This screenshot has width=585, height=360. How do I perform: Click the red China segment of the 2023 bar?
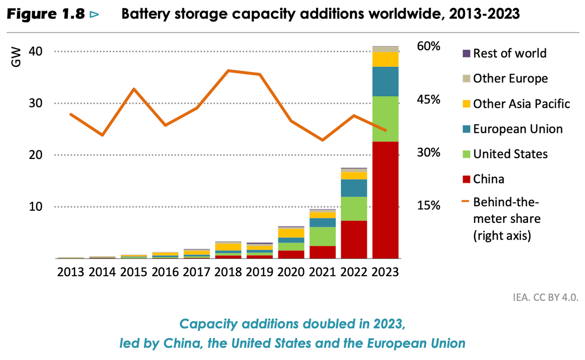(385, 200)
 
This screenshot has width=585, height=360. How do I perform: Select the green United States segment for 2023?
(385, 119)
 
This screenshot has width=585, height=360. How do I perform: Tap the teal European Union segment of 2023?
(385, 81)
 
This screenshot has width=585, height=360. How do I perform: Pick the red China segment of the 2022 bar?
(354, 240)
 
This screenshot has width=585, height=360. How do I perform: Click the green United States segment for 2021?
(323, 237)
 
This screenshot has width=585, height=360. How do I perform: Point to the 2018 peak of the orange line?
(228, 71)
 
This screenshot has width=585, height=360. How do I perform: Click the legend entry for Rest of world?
(509, 53)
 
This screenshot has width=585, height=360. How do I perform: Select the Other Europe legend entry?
(510, 79)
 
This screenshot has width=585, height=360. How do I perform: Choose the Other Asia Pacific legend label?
(521, 104)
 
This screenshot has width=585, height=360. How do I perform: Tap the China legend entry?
(488, 179)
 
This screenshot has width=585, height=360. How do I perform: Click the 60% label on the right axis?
(429, 47)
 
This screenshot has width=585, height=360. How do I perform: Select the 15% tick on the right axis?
(429, 205)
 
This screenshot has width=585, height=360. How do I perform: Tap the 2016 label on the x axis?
(164, 272)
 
